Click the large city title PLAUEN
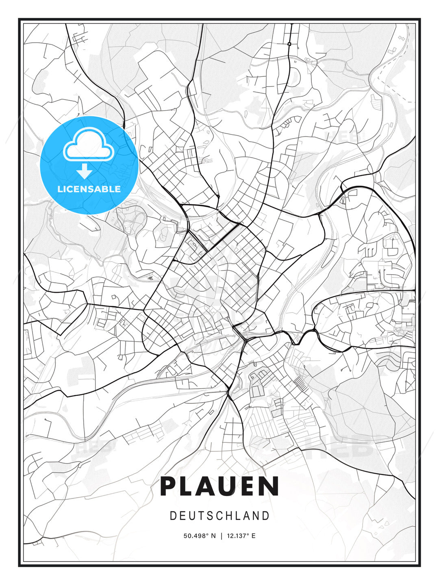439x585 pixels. (x=219, y=486)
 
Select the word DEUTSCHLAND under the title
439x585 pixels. (x=219, y=516)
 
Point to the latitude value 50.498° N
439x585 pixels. (x=200, y=536)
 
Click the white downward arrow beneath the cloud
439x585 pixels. (x=85, y=171)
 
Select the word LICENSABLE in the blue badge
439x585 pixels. (x=89, y=189)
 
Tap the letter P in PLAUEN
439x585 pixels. (x=169, y=486)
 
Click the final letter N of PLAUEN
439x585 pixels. (x=269, y=486)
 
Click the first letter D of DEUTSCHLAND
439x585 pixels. (x=173, y=516)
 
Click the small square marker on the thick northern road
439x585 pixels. (x=289, y=44)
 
